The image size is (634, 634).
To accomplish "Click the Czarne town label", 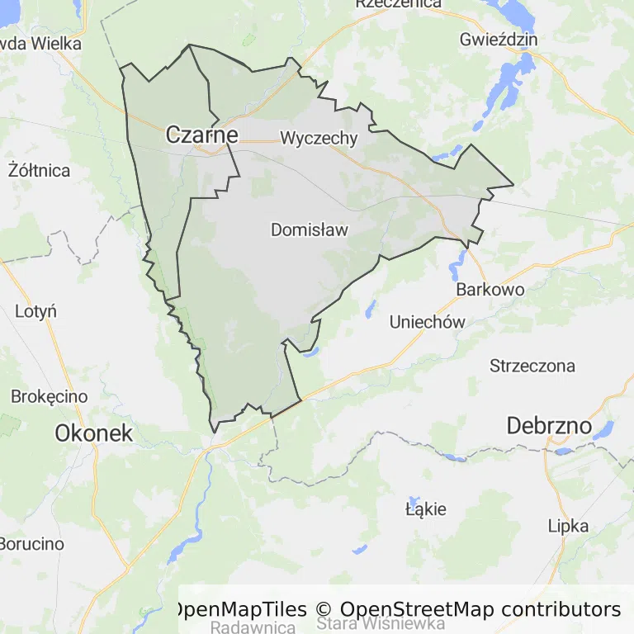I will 202,135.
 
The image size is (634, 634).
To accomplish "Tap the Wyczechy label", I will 319,138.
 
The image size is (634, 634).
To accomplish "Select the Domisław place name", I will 310,230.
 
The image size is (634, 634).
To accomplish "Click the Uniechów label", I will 427,322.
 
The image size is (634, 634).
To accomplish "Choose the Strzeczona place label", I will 532,366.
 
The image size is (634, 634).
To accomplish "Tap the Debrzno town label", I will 549,426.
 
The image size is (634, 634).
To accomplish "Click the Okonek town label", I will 93,432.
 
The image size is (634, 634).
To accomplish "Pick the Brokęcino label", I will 50,396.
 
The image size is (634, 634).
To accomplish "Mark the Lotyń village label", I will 36,311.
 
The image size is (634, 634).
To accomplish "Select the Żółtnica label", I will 39,171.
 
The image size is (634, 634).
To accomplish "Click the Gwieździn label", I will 499,40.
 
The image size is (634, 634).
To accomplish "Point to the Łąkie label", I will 426,509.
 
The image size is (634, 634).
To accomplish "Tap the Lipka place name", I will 568,526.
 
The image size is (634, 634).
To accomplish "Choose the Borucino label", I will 31,544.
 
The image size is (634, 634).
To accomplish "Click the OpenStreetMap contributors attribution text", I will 480,609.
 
